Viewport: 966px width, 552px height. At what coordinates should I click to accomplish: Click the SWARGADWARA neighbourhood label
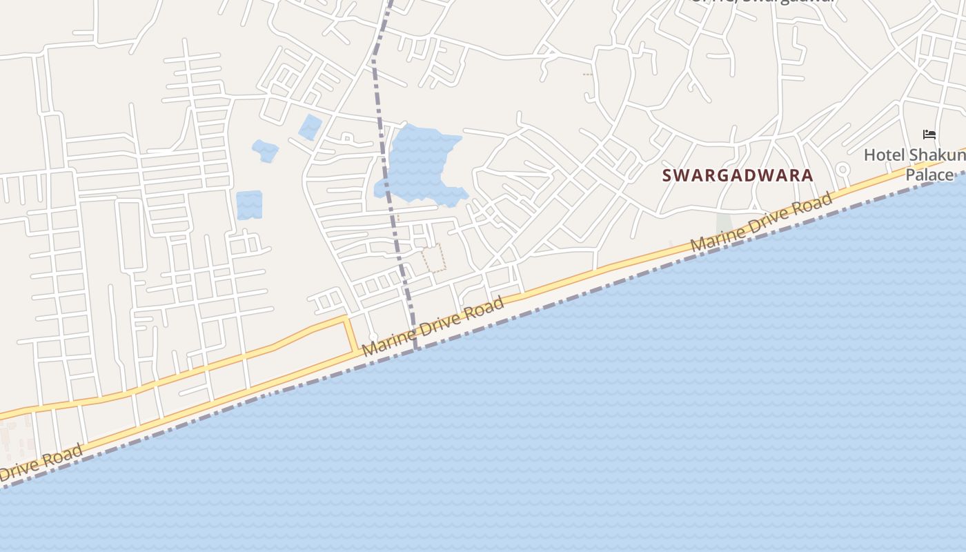pyautogui.click(x=738, y=175)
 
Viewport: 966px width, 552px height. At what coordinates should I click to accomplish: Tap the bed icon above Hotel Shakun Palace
pyautogui.click(x=929, y=135)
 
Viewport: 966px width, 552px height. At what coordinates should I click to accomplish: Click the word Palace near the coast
pyautogui.click(x=929, y=175)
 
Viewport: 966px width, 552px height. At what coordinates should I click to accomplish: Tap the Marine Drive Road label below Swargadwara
pyautogui.click(x=762, y=222)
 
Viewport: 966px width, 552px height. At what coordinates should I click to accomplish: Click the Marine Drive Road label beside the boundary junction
pyautogui.click(x=433, y=326)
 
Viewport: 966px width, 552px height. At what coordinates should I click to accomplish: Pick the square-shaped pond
pyautogui.click(x=249, y=205)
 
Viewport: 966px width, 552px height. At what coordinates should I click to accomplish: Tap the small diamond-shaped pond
pyautogui.click(x=310, y=127)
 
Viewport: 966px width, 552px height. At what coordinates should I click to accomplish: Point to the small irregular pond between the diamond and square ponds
pyautogui.click(x=266, y=150)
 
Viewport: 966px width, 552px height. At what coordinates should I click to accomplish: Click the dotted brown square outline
pyautogui.click(x=434, y=257)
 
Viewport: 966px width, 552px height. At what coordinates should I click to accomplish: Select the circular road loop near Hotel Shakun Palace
pyautogui.click(x=842, y=169)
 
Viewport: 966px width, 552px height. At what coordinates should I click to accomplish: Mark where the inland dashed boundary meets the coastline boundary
pyautogui.click(x=416, y=349)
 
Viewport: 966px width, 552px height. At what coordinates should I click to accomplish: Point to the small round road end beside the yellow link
pyautogui.click(x=373, y=337)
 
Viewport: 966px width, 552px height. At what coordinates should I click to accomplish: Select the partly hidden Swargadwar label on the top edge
pyautogui.click(x=762, y=2)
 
